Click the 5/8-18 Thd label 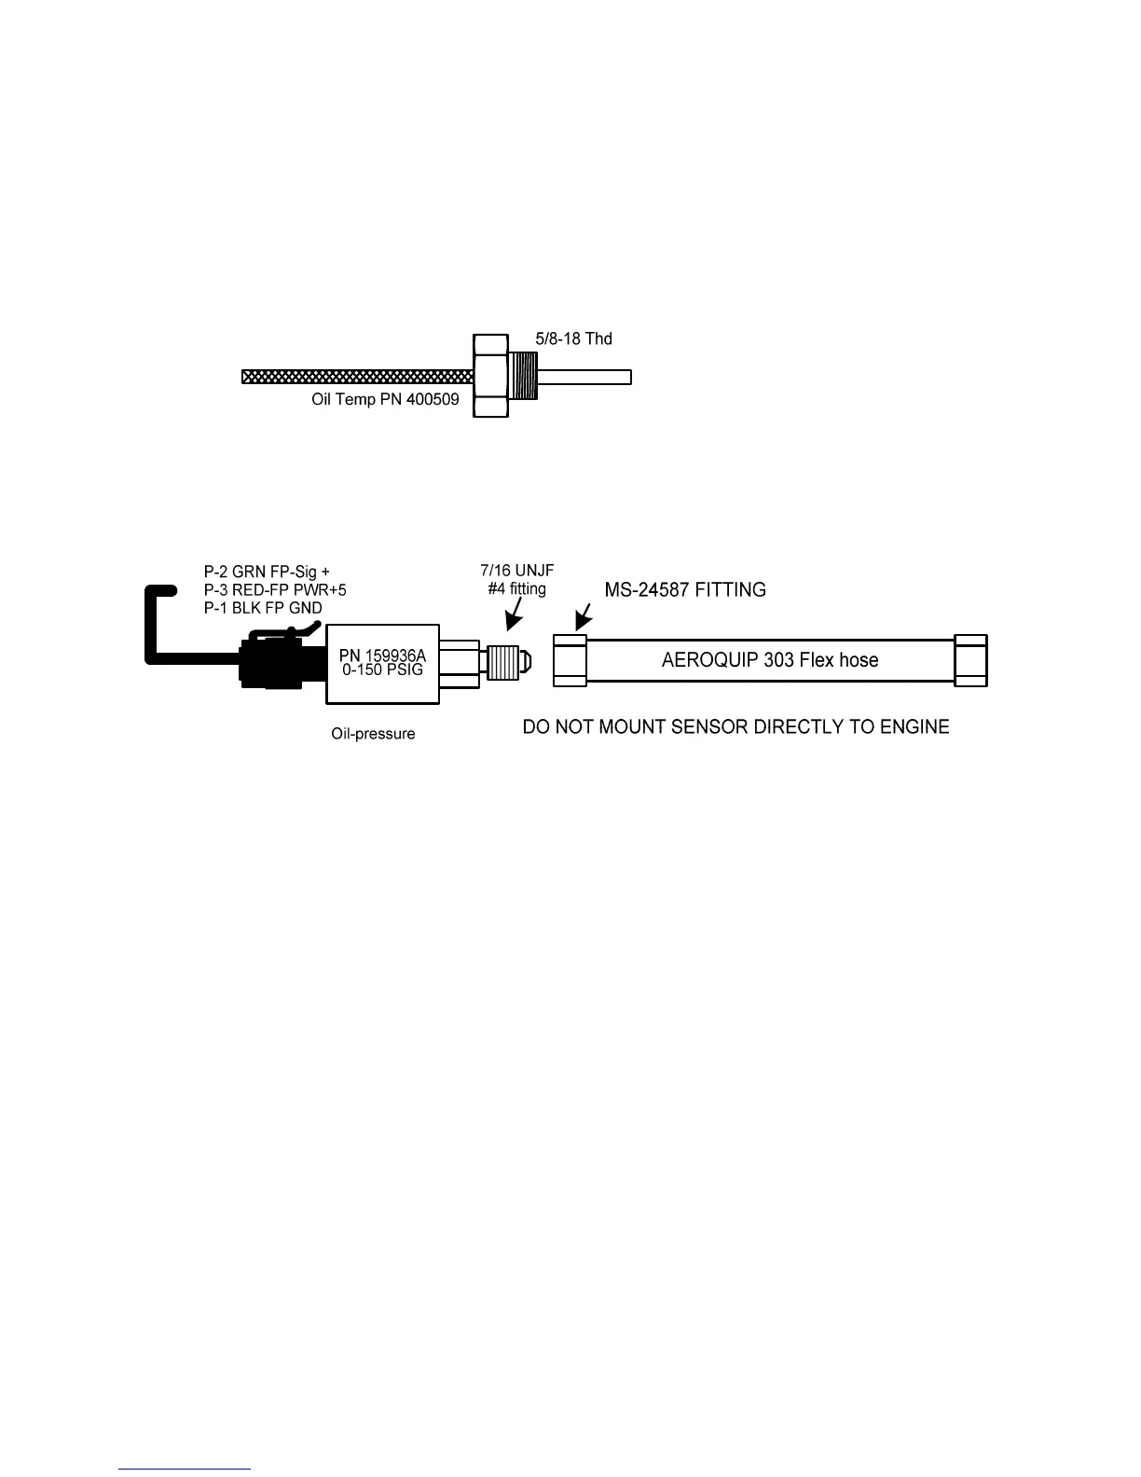pyautogui.click(x=572, y=338)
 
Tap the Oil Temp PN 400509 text pyautogui.click(x=385, y=399)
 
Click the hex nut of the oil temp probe pyautogui.click(x=491, y=375)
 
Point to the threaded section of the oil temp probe pyautogui.click(x=524, y=375)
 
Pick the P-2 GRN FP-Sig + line pyautogui.click(x=267, y=572)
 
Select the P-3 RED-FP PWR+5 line pyautogui.click(x=275, y=589)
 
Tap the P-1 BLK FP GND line pyautogui.click(x=263, y=608)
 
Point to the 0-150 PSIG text pyautogui.click(x=382, y=669)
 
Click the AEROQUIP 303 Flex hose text pyautogui.click(x=770, y=660)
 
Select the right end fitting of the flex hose pyautogui.click(x=970, y=660)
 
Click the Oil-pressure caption pyautogui.click(x=373, y=734)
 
